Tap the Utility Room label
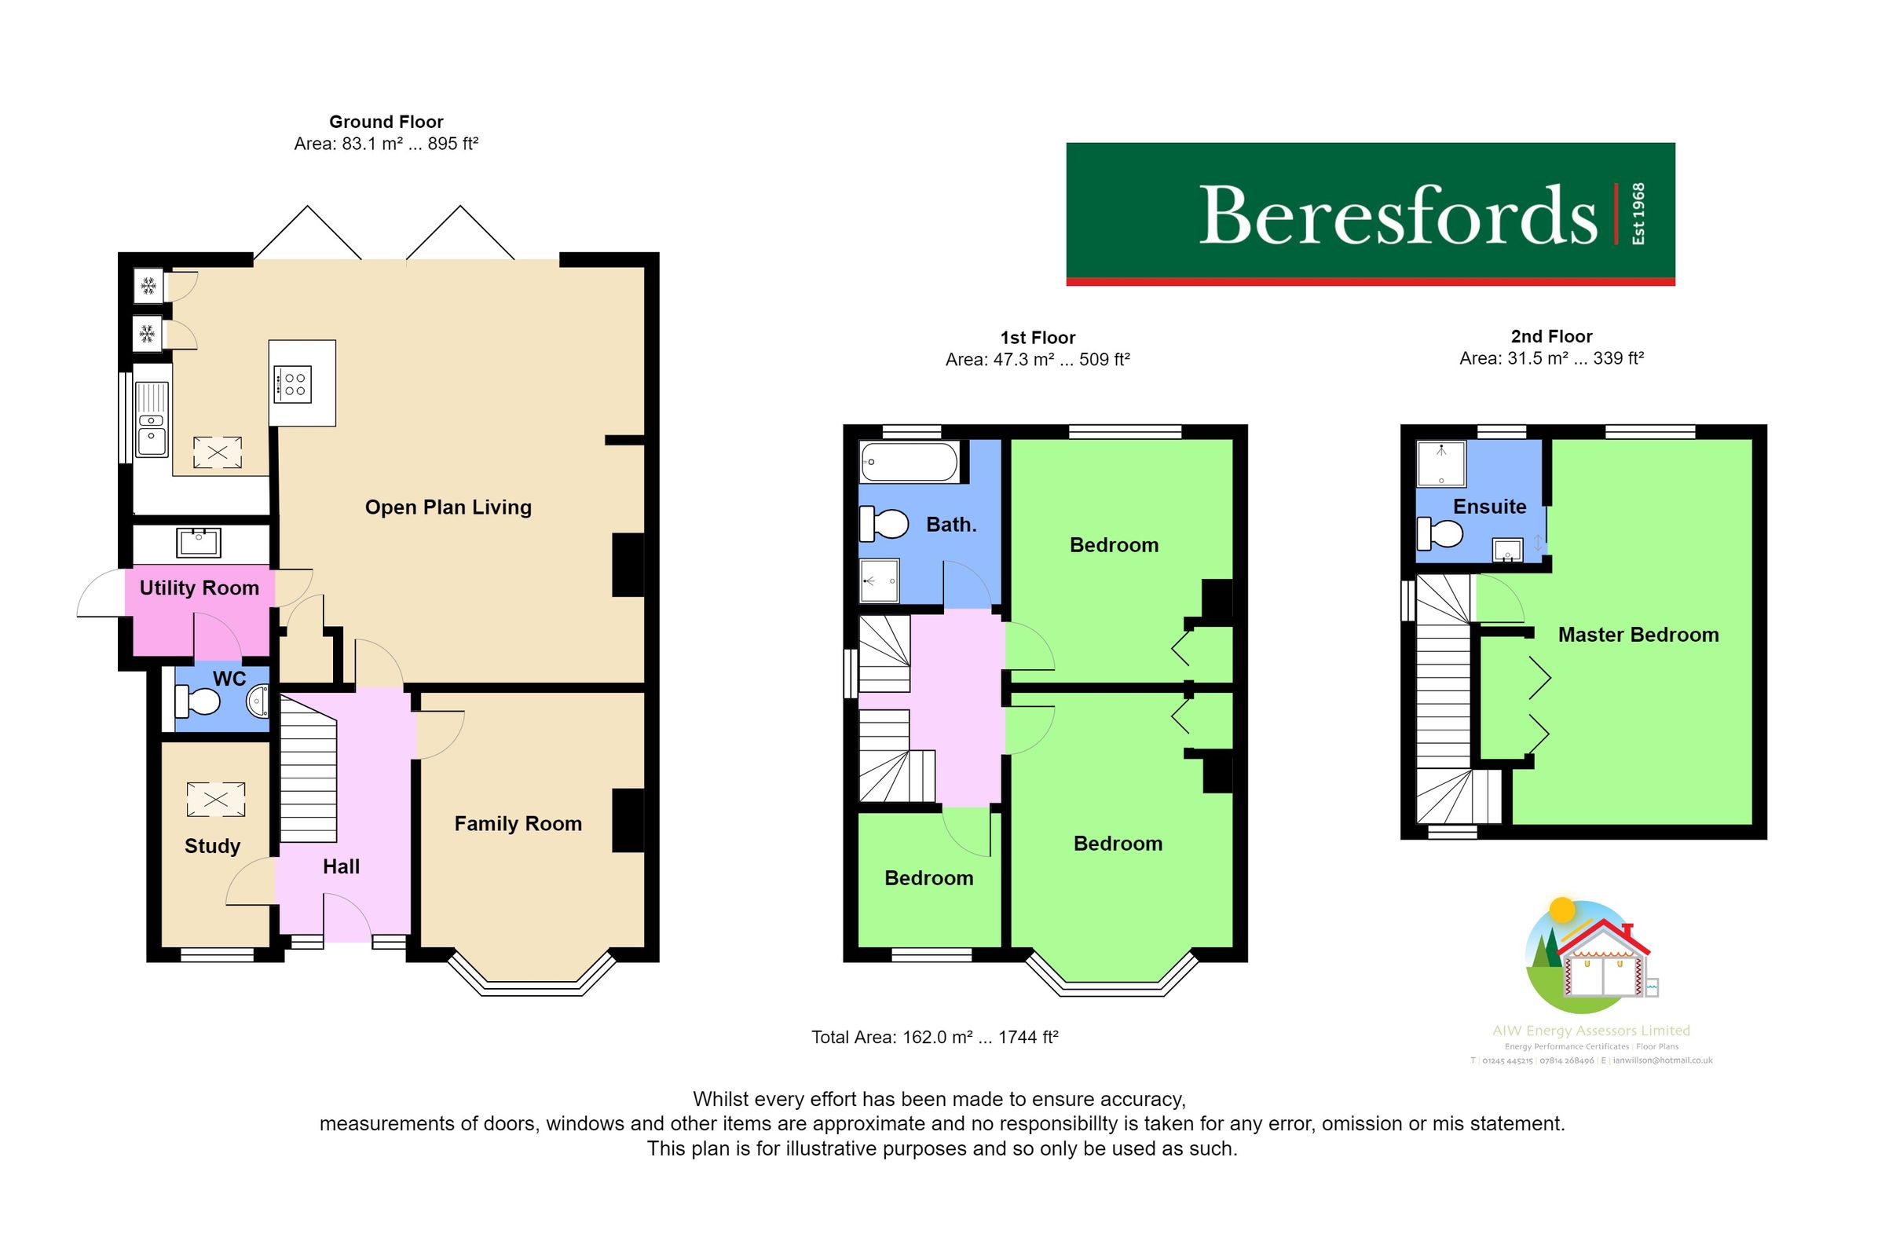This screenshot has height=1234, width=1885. tap(199, 588)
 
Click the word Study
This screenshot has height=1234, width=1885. tap(212, 846)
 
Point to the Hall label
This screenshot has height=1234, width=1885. tap(342, 866)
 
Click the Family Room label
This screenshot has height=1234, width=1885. tap(518, 824)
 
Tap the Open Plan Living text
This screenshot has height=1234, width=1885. tap(448, 507)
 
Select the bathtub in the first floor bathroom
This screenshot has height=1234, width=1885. tap(910, 461)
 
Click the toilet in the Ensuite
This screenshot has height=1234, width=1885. tap(1439, 533)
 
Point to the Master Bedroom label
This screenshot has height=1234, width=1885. tap(1638, 635)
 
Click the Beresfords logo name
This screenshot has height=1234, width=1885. tap(1397, 215)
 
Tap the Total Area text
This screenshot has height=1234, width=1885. tap(935, 1037)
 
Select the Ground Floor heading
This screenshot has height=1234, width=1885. tap(386, 122)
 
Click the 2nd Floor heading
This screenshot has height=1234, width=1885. tap(1550, 337)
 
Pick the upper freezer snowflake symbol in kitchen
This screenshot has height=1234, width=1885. tap(148, 286)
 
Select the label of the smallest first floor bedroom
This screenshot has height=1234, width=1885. tap(928, 877)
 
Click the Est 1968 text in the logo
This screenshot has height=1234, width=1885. tap(1638, 214)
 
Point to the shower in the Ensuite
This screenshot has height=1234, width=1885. tap(1440, 464)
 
